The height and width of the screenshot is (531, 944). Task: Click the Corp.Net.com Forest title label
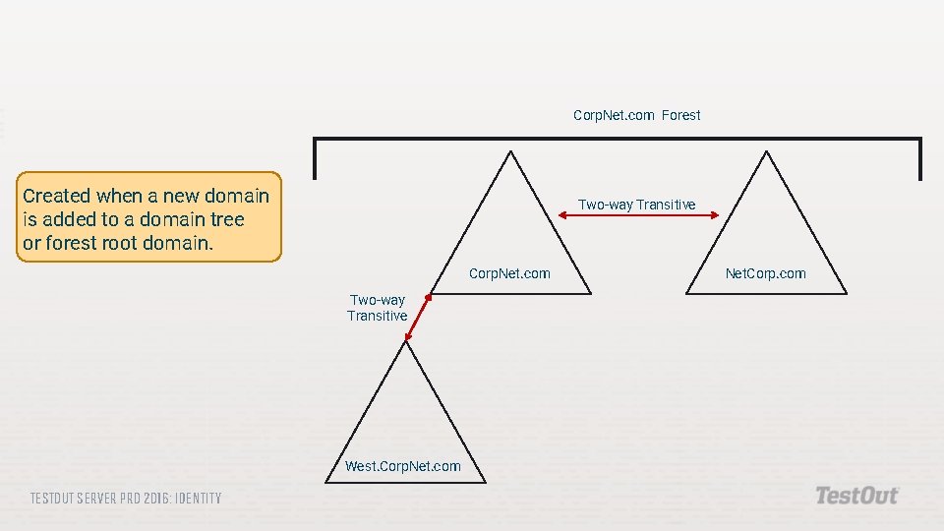point(636,115)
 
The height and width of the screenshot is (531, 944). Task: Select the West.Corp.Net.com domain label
point(402,466)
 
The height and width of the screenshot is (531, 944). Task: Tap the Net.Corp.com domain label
point(765,273)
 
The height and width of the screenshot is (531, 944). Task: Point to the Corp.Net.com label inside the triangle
point(509,273)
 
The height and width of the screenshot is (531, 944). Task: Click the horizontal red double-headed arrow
point(638,217)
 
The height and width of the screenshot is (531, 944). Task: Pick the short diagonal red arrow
point(418,318)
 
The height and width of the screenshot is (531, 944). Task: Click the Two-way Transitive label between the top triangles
point(636,205)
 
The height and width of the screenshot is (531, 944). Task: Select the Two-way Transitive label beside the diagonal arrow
point(377,308)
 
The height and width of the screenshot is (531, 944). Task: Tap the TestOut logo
point(856,496)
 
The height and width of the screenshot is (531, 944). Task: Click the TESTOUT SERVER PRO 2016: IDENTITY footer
point(126,499)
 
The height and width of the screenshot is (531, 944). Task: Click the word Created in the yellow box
point(56,196)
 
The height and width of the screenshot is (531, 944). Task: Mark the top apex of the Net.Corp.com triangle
point(766,151)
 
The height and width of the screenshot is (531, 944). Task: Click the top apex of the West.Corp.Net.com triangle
point(406,341)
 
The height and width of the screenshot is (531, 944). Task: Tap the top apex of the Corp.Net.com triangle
point(510,151)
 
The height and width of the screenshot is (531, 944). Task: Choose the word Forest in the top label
point(680,115)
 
